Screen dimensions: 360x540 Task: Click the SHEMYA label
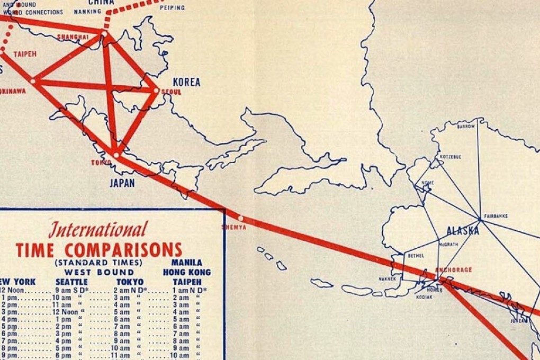pyautogui.click(x=234, y=228)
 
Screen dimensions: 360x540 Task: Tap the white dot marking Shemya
pyautogui.click(x=241, y=218)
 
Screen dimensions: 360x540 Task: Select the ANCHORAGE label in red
pyautogui.click(x=453, y=269)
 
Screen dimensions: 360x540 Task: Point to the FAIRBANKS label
pyautogui.click(x=496, y=216)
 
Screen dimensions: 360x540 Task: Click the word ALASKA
pyautogui.click(x=462, y=231)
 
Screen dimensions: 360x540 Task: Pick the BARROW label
pyautogui.click(x=466, y=127)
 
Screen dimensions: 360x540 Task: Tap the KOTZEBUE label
pyautogui.click(x=450, y=157)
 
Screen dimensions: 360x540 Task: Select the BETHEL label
pyautogui.click(x=416, y=256)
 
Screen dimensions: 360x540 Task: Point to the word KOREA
pyautogui.click(x=187, y=82)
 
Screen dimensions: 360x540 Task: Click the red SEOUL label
pyautogui.click(x=171, y=92)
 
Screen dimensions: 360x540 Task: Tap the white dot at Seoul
pyautogui.click(x=156, y=91)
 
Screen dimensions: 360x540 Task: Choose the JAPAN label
pyautogui.click(x=122, y=183)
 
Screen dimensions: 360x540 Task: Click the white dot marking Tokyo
pyautogui.click(x=116, y=155)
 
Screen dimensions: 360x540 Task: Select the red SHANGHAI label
pyautogui.click(x=73, y=37)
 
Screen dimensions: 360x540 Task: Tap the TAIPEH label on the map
pyautogui.click(x=24, y=54)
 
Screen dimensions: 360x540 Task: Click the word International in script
pyautogui.click(x=97, y=230)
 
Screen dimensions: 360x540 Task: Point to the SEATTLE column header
pyautogui.click(x=71, y=282)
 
